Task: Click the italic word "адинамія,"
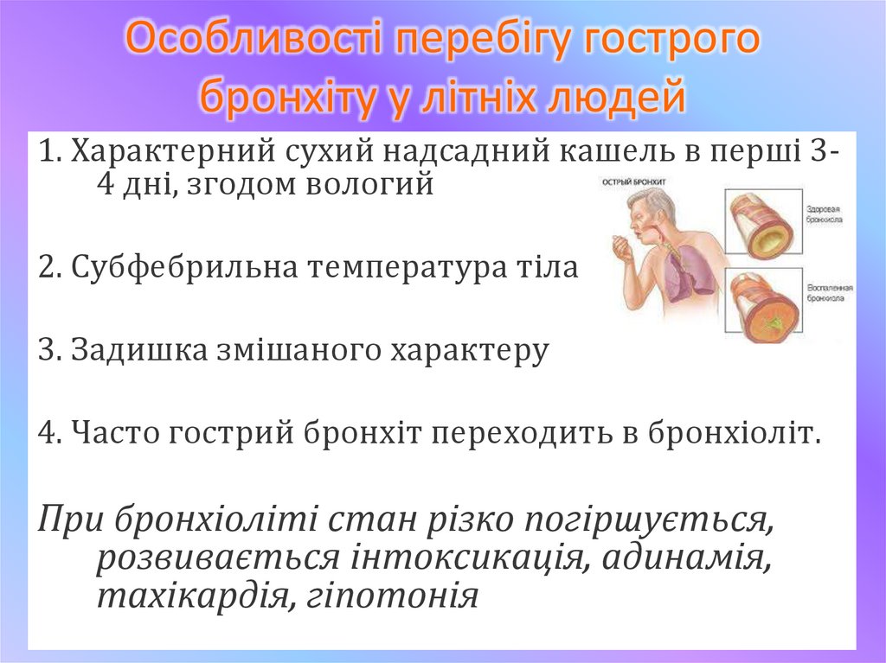pos(683,556)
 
